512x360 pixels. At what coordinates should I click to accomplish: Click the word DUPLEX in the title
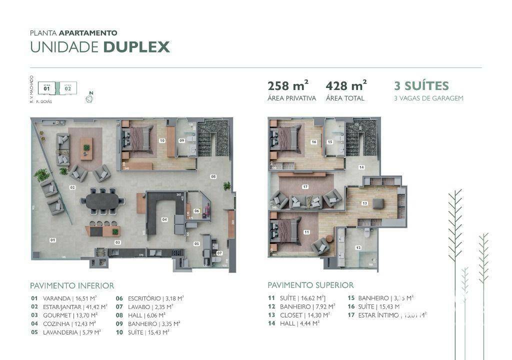point(136,47)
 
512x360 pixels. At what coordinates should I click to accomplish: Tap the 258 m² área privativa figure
point(288,86)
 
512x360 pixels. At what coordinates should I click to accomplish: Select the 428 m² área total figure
point(346,86)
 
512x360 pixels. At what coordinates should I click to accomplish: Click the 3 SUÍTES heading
point(421,86)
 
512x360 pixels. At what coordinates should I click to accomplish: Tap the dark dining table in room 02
point(102,201)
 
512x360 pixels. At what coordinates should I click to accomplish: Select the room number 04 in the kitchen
point(164,219)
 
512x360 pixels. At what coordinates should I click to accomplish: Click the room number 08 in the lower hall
point(213,176)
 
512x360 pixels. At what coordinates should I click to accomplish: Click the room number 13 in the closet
point(364,203)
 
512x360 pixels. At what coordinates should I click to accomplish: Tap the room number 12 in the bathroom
point(357,247)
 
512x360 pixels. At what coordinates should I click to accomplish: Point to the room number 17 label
point(305,187)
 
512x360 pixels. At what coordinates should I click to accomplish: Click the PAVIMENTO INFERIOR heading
point(72,285)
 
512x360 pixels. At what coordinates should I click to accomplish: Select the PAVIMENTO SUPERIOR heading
point(310,285)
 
